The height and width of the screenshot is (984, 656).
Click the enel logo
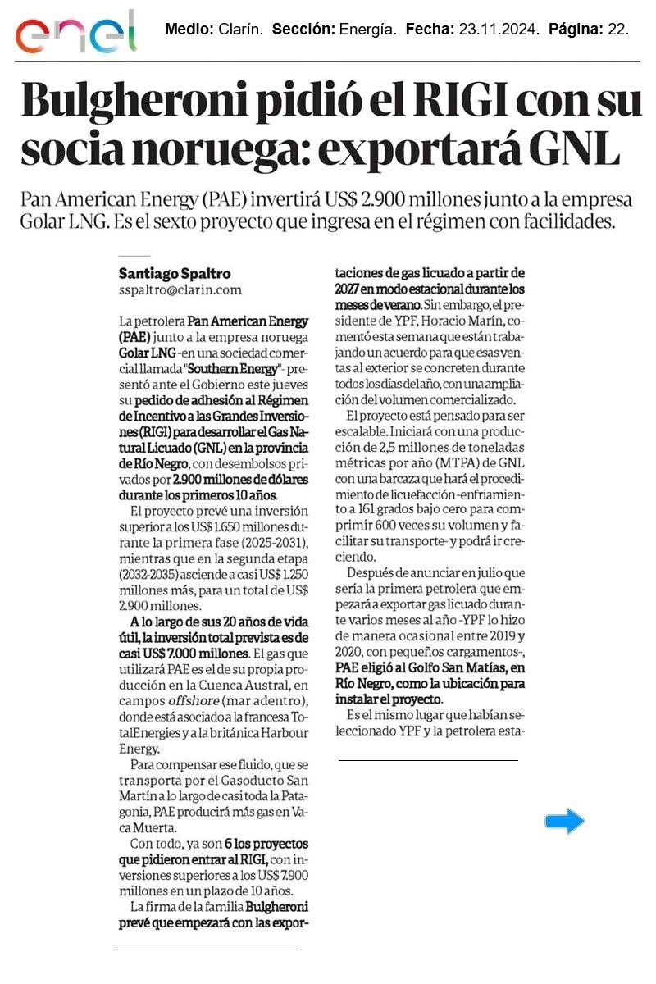pyautogui.click(x=75, y=33)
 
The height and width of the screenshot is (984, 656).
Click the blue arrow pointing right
pyautogui.click(x=565, y=820)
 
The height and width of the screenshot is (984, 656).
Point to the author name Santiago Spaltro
pyautogui.click(x=175, y=273)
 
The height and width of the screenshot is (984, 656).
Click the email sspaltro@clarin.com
pyautogui.click(x=180, y=289)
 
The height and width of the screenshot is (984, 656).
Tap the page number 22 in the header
pyautogui.click(x=617, y=30)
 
